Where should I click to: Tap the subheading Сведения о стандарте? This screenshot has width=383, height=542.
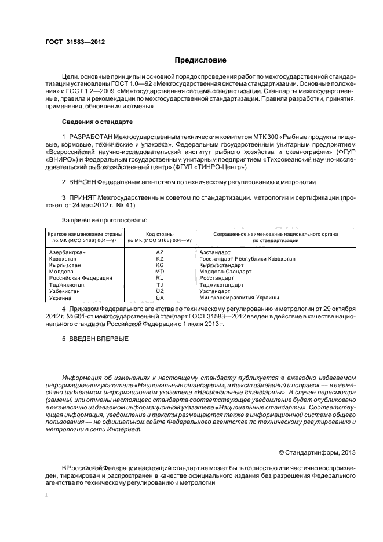point(97,122)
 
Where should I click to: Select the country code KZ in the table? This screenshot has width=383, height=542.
point(160,259)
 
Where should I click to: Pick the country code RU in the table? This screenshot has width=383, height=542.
point(160,278)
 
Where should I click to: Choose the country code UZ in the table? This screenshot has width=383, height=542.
point(160,291)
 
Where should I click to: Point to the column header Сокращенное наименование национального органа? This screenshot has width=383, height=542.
point(275,233)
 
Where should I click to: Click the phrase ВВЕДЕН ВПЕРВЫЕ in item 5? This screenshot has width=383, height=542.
point(99,339)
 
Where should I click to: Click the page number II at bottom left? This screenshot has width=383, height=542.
point(48,496)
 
